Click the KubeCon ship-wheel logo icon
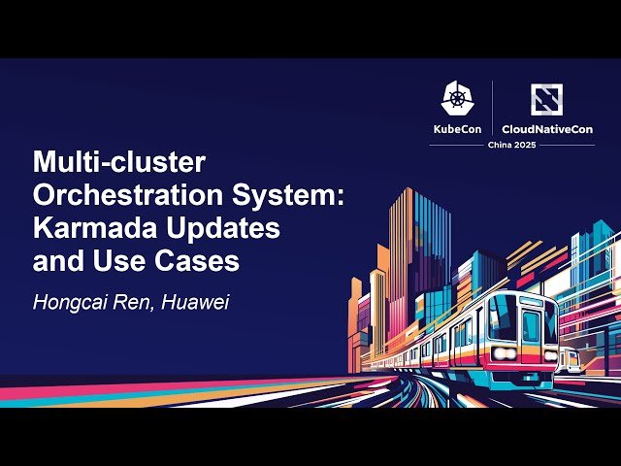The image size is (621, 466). [x=458, y=98]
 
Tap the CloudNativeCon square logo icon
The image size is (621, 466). [x=547, y=99]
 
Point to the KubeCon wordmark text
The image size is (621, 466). [x=458, y=129]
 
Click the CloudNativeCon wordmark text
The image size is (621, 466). [x=547, y=129]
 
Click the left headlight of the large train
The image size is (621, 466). [x=503, y=353]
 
